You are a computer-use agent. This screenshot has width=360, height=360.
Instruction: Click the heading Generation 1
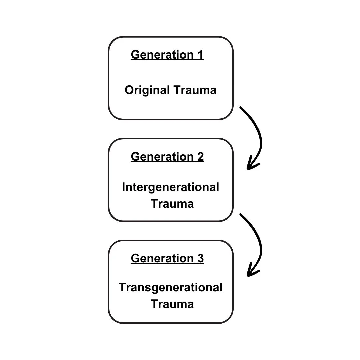point(167,55)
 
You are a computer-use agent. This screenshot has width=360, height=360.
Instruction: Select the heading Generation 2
point(167,156)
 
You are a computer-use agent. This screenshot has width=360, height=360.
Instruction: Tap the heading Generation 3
point(167,258)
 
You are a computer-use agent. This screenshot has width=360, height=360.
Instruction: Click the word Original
point(147,90)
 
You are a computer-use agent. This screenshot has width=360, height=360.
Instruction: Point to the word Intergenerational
point(170,187)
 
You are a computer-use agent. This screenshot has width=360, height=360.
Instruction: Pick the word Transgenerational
point(170,287)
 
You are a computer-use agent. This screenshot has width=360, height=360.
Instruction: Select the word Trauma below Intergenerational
point(172,204)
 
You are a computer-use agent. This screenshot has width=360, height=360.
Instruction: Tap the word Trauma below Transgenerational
point(172,304)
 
